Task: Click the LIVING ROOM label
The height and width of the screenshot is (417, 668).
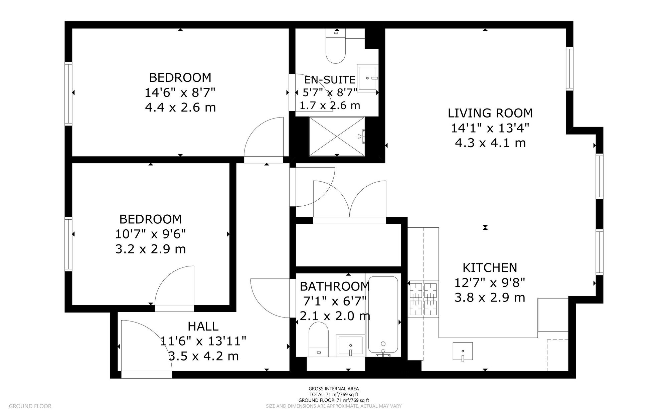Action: point(490,113)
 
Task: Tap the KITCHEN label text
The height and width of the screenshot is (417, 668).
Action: point(490,268)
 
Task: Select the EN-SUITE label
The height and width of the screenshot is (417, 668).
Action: point(330,80)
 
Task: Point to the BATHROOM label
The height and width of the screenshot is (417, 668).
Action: point(334,286)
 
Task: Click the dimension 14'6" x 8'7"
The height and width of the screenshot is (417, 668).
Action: point(180,92)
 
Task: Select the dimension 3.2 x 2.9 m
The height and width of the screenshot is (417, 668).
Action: point(150,249)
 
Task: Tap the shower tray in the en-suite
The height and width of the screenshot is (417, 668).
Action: point(336,136)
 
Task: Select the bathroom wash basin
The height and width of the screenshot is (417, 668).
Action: point(350,345)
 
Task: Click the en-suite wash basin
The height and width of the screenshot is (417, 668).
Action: point(367,78)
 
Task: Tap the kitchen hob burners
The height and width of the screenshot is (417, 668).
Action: point(423,298)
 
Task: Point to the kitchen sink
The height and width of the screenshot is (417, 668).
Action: point(463,351)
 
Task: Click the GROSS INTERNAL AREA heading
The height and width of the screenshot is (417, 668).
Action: point(333,389)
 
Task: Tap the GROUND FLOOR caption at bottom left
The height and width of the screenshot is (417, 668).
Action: point(30,406)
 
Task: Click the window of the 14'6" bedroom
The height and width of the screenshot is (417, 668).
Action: point(68,93)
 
